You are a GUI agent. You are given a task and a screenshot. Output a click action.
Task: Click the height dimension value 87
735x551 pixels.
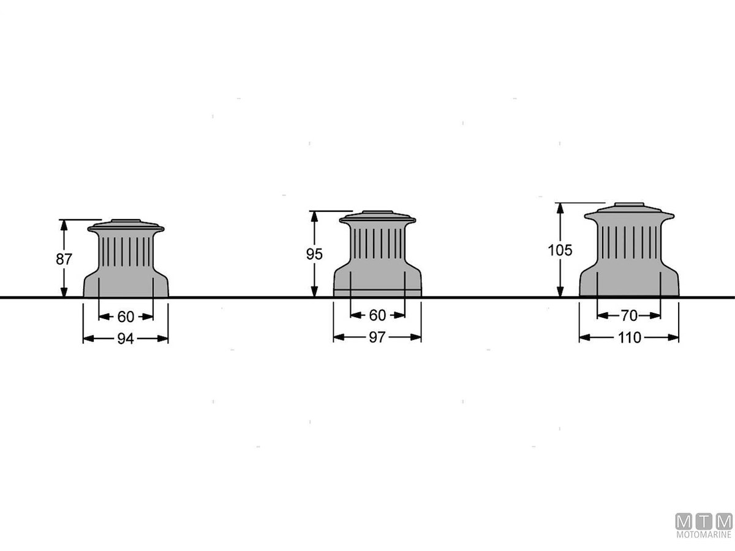coord(64,259)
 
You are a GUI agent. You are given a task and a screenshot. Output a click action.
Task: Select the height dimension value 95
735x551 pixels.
coord(314,254)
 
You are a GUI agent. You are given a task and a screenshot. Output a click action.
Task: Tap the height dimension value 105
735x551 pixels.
coord(560,250)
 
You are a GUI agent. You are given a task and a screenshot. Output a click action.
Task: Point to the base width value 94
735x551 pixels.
coord(126,339)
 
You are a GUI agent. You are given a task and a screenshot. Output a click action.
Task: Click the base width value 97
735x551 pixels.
coord(377,337)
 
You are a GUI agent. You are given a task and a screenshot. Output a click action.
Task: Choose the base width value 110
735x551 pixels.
coord(629,338)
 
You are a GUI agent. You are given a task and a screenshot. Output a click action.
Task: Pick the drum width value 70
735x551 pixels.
coord(629,315)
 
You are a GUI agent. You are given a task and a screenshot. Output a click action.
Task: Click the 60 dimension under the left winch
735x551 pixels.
coord(126,317)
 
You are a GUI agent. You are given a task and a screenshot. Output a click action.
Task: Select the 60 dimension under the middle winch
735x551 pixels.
coord(377,315)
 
